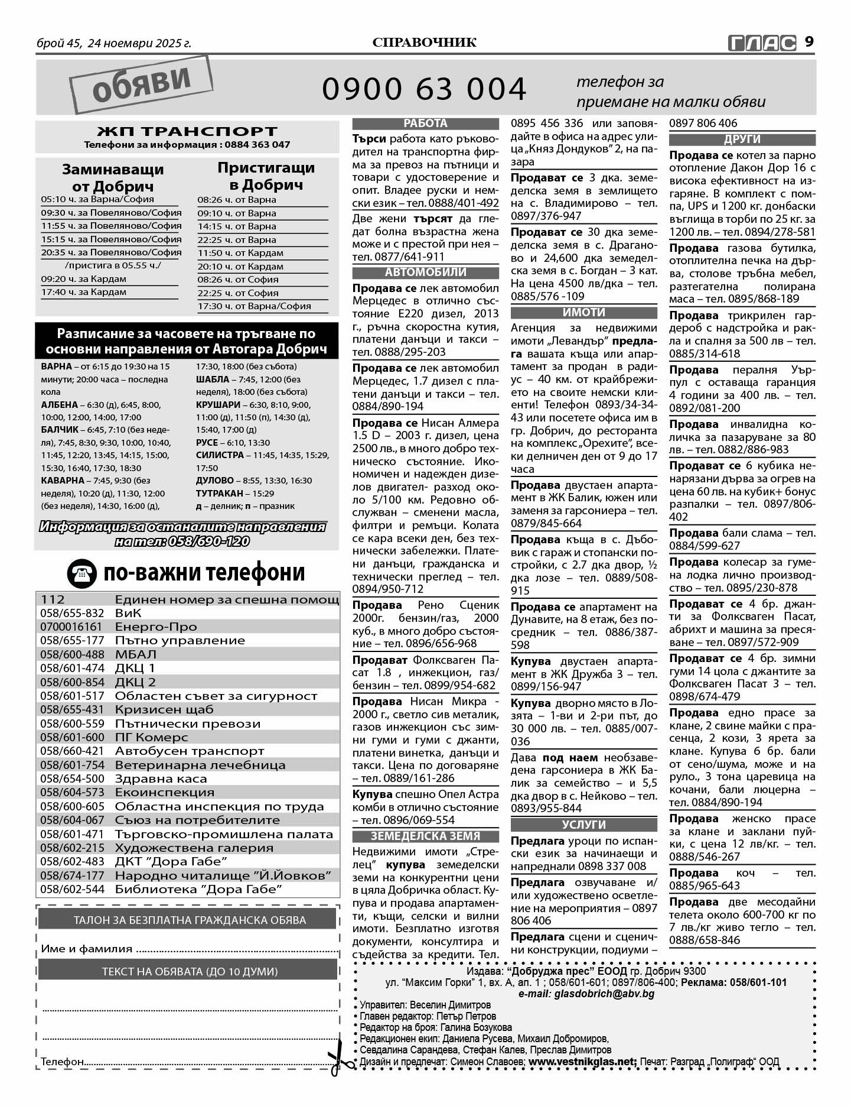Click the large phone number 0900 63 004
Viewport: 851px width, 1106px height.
point(424,89)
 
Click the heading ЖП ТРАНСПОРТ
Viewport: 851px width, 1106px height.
point(187,131)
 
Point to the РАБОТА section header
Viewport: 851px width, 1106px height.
point(425,124)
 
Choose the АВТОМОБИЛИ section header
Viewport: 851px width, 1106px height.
point(425,273)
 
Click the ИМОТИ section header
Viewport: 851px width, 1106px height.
point(583,313)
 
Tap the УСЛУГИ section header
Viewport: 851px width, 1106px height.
point(583,825)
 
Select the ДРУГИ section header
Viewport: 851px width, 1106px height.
point(742,140)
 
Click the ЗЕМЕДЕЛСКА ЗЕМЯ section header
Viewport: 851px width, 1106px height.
point(425,836)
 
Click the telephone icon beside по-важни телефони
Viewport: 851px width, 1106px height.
point(81,573)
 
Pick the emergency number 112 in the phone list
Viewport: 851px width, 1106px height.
point(53,599)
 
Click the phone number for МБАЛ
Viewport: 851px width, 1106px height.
point(71,654)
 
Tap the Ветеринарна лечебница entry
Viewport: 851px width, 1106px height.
point(200,765)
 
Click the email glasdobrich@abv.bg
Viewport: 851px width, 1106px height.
point(586,994)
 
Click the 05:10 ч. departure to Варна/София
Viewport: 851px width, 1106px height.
point(97,199)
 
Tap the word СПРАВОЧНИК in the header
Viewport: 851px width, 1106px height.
point(425,43)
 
